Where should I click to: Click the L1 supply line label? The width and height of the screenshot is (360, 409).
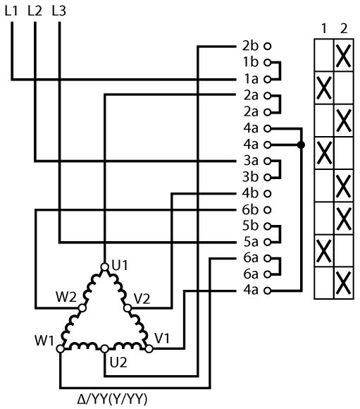tap(11, 11)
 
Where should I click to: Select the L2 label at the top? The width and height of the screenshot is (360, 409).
tap(35, 11)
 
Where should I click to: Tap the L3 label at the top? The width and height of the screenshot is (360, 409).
tap(59, 11)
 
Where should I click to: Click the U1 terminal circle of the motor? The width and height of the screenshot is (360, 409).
tap(104, 267)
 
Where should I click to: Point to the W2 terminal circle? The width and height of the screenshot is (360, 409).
tap(82, 308)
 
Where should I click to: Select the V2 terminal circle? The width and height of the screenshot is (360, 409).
tap(128, 308)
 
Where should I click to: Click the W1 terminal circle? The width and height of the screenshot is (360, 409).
tap(60, 348)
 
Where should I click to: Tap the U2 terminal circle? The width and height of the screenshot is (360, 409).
tap(104, 348)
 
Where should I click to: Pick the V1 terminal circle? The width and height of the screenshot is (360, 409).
tap(149, 348)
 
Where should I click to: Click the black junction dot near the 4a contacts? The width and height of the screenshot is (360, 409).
tap(301, 145)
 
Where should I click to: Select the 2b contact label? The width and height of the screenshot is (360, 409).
tap(250, 46)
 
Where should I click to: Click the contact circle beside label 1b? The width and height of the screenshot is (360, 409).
tap(268, 63)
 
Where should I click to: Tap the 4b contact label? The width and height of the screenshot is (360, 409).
tap(250, 193)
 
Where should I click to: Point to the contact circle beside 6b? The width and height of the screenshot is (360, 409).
tap(268, 209)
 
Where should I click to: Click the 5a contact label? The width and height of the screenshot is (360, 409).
tap(251, 242)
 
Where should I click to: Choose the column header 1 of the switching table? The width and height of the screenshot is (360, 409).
tap(324, 28)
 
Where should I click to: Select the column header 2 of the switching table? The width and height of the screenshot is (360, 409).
tap(344, 28)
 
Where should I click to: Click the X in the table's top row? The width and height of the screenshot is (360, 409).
tap(344, 56)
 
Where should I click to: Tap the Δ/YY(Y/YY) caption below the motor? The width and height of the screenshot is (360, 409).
tap(112, 399)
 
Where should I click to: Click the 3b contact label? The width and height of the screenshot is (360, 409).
tap(250, 177)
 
